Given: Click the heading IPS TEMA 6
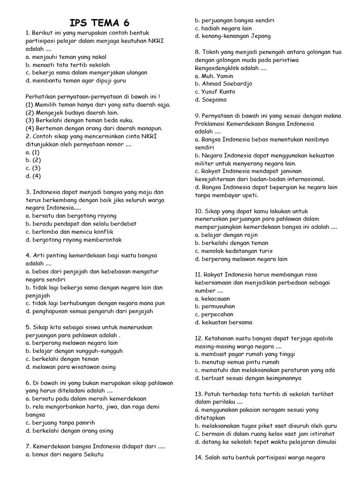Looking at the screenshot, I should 99,23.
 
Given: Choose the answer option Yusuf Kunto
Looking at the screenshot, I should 215,92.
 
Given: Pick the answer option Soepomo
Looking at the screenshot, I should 210,100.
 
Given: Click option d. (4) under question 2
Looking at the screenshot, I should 33,176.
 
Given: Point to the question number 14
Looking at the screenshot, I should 198,457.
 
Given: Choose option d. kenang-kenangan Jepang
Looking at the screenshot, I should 232,36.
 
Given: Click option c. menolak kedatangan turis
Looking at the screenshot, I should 233,251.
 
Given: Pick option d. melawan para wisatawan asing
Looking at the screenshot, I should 71,367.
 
